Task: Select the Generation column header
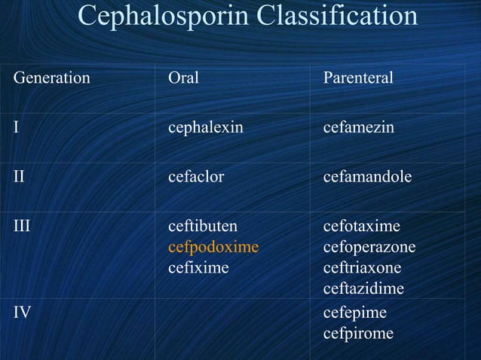[x=51, y=78]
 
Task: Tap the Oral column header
[x=183, y=78]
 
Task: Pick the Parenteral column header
[x=358, y=78]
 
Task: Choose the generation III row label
[x=22, y=227]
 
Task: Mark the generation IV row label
[x=22, y=311]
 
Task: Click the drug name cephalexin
[x=205, y=127]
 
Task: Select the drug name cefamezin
[x=358, y=127]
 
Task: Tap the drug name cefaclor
[x=196, y=178]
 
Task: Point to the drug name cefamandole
[x=367, y=178]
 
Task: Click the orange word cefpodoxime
[x=213, y=247]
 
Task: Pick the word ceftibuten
[x=202, y=227]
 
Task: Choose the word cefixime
[x=198, y=267]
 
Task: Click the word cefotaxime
[x=362, y=227]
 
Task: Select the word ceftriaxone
[x=362, y=267]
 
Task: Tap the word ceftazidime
[x=363, y=288]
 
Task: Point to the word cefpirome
[x=358, y=332]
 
